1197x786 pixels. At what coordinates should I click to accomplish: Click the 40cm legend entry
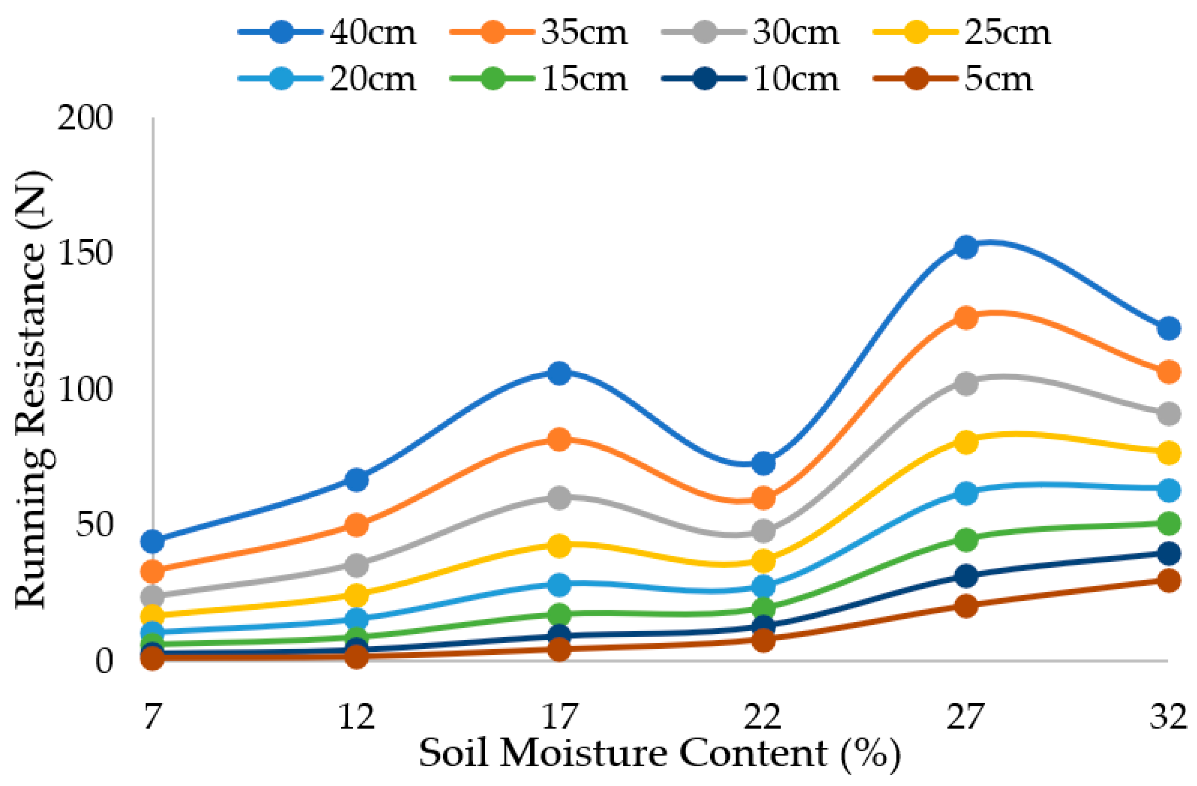click(327, 33)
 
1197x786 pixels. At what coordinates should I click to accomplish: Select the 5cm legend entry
click(953, 79)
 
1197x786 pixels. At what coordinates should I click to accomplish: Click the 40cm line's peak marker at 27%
click(966, 247)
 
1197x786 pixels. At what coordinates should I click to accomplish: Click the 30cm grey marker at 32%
click(1168, 414)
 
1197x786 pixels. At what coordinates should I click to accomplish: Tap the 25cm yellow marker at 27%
click(966, 442)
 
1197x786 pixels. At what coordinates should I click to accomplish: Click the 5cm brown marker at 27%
click(966, 605)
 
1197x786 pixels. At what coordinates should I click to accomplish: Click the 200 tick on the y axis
click(84, 119)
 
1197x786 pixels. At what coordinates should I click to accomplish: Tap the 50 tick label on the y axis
click(94, 525)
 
